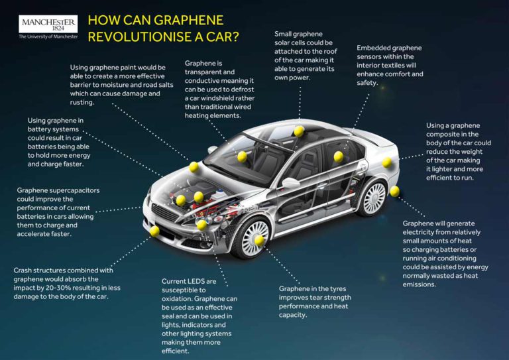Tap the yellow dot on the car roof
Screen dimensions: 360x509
click(299, 130)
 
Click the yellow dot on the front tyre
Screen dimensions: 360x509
click(259, 239)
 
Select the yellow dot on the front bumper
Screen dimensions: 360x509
click(154, 231)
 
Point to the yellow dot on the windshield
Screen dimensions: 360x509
click(242, 156)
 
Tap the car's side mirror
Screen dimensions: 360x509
click(289, 182)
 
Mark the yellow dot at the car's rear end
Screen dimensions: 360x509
click(394, 191)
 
